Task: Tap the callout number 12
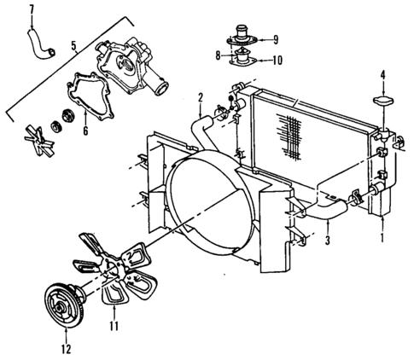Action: tap(65, 347)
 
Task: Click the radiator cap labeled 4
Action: tap(382, 105)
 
